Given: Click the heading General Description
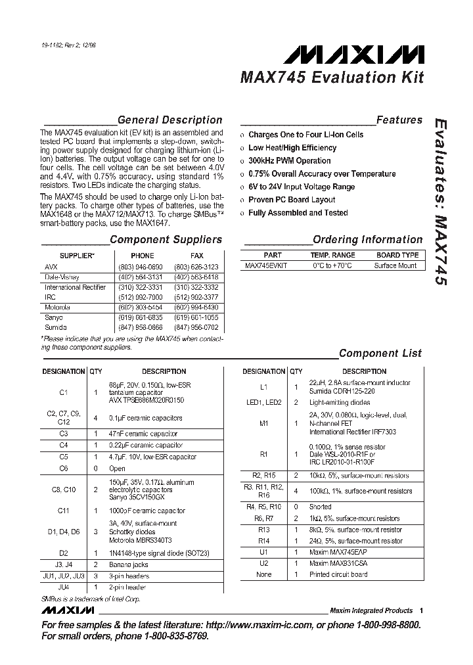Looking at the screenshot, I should coord(169,120).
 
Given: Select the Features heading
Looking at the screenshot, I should coord(399,120).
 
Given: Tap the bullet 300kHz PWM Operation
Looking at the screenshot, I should coord(289,161).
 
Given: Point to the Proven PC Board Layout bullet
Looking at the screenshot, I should coord(292,200).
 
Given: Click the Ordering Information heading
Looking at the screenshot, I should coord(367,240).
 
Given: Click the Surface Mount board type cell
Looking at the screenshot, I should coord(395,266).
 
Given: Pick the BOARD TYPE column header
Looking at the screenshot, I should coord(397,255).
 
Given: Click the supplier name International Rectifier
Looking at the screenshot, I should coord(75,287).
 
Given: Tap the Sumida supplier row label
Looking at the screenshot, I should coord(56,327).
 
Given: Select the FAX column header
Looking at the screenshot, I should coord(196,256).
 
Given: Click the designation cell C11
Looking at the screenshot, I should coord(64,510).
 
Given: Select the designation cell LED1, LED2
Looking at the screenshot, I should coord(263,402).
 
